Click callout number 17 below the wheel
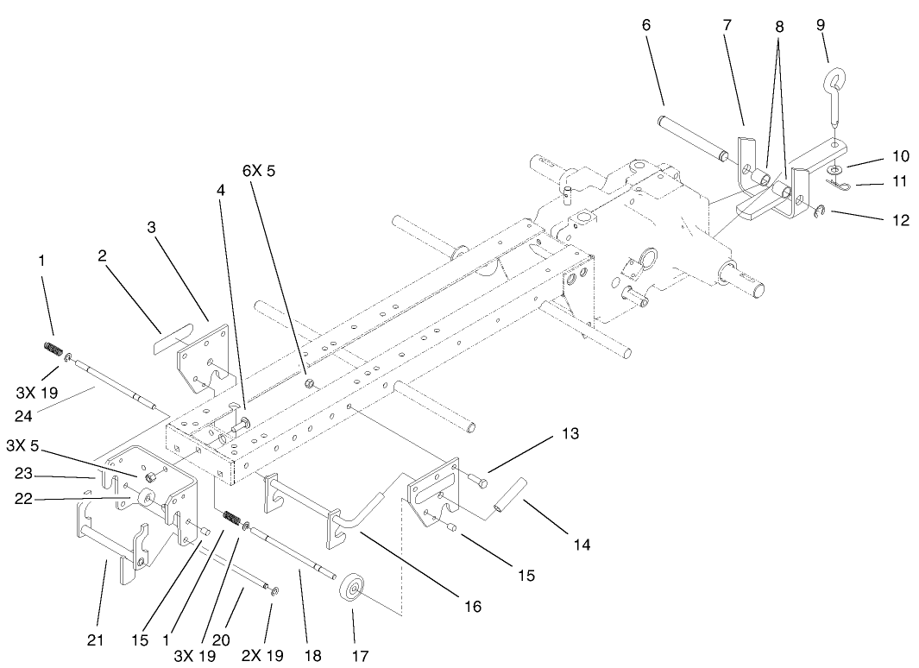point(359,656)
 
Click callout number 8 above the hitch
point(779,27)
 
